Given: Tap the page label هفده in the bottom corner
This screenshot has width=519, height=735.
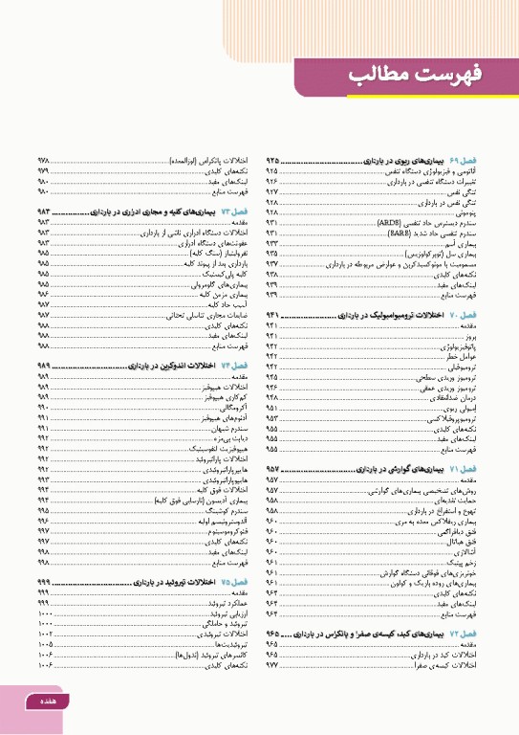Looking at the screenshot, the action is pyautogui.click(x=45, y=702).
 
